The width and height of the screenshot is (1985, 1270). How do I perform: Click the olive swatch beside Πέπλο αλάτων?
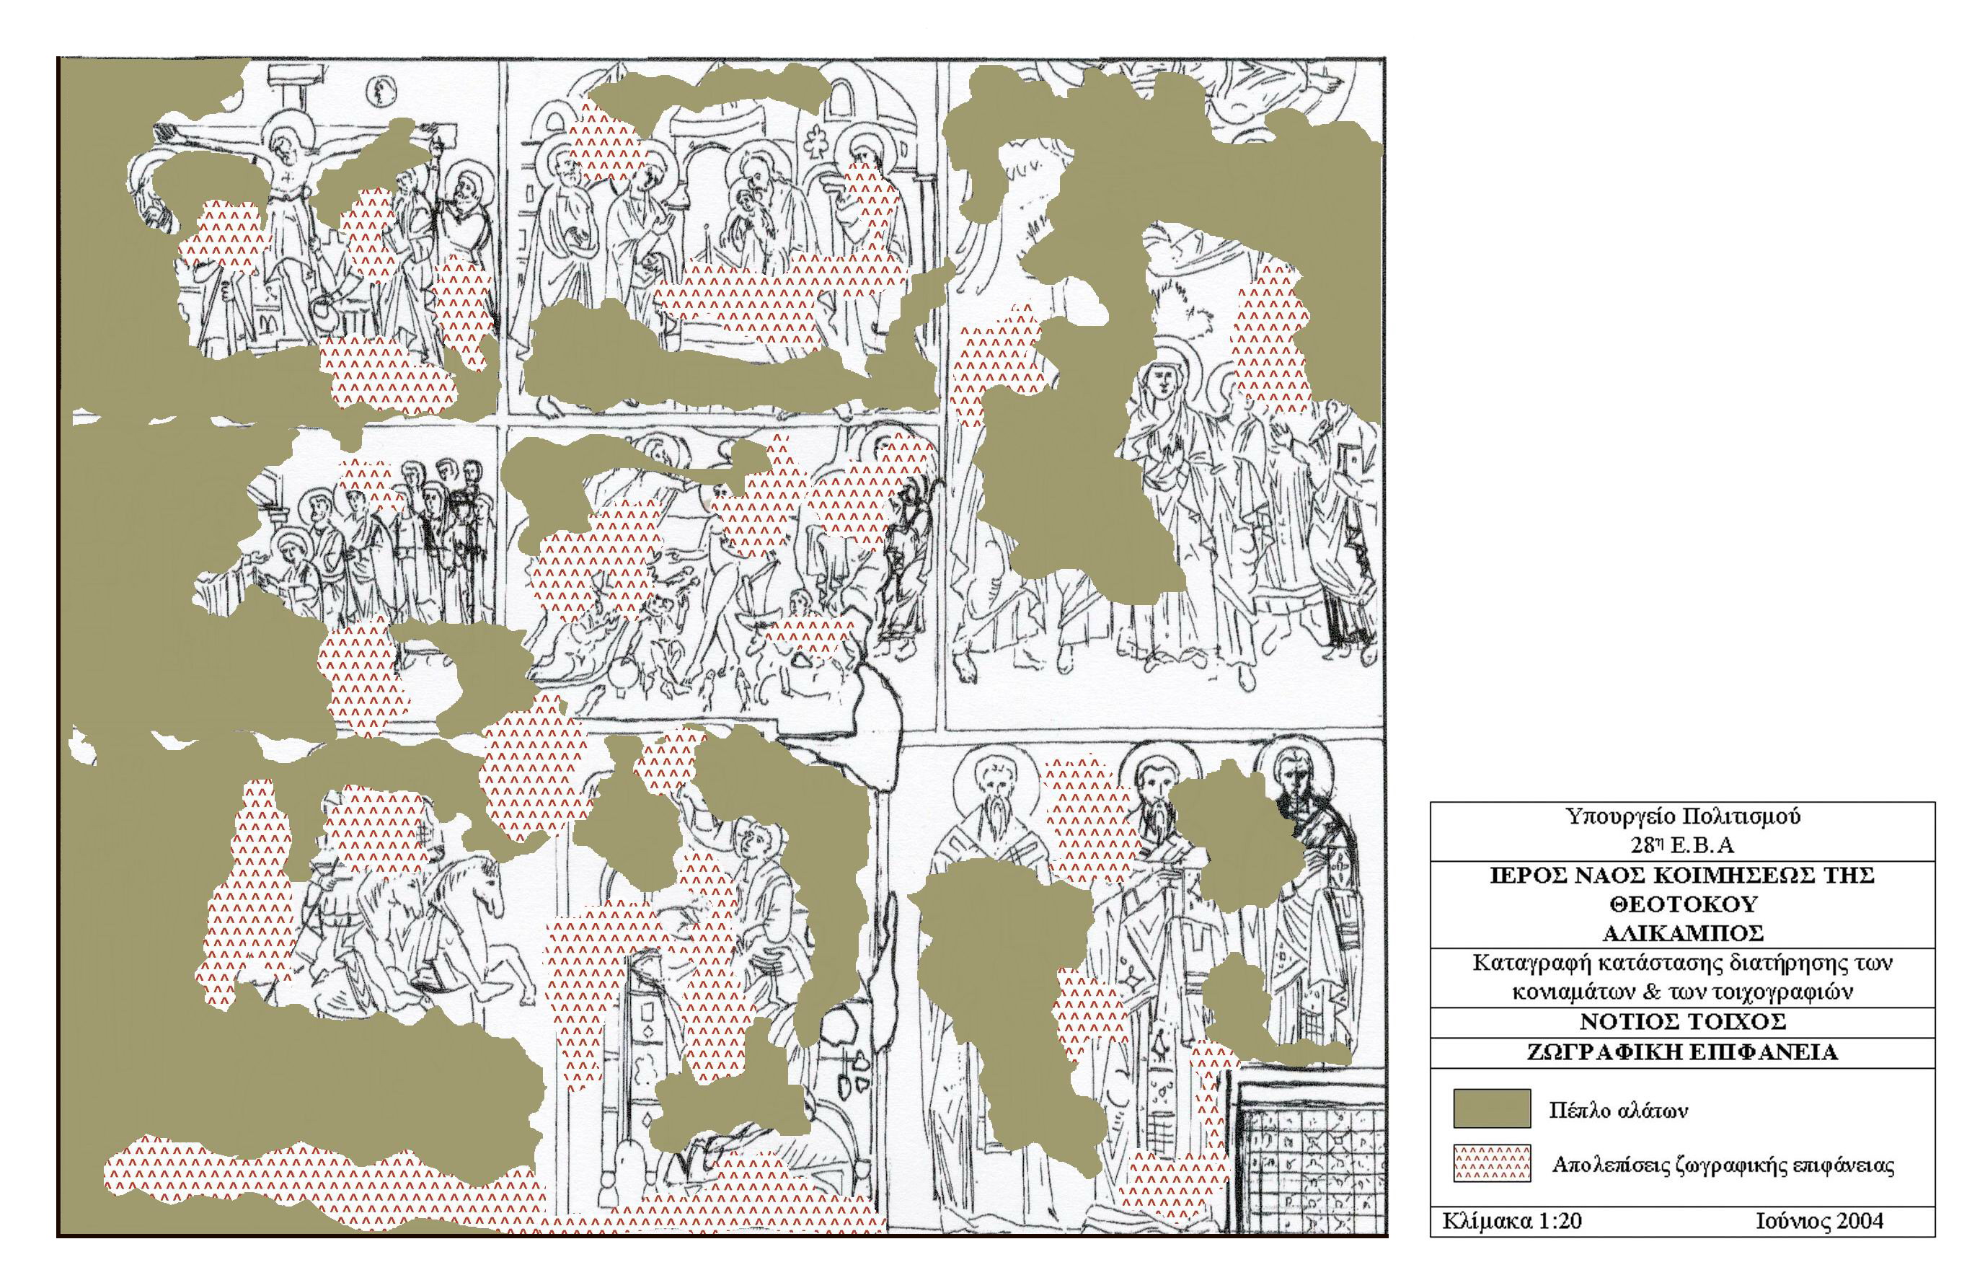click(x=1492, y=1108)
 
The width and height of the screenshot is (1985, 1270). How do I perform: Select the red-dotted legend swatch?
click(x=1492, y=1163)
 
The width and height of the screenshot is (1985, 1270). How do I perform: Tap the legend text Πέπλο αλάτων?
click(x=1618, y=1111)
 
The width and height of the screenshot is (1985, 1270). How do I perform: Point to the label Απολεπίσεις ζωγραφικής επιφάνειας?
click(x=1723, y=1165)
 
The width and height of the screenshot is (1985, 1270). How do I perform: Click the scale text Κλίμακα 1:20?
click(x=1512, y=1220)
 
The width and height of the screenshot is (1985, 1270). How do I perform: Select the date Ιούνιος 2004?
click(x=1820, y=1220)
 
